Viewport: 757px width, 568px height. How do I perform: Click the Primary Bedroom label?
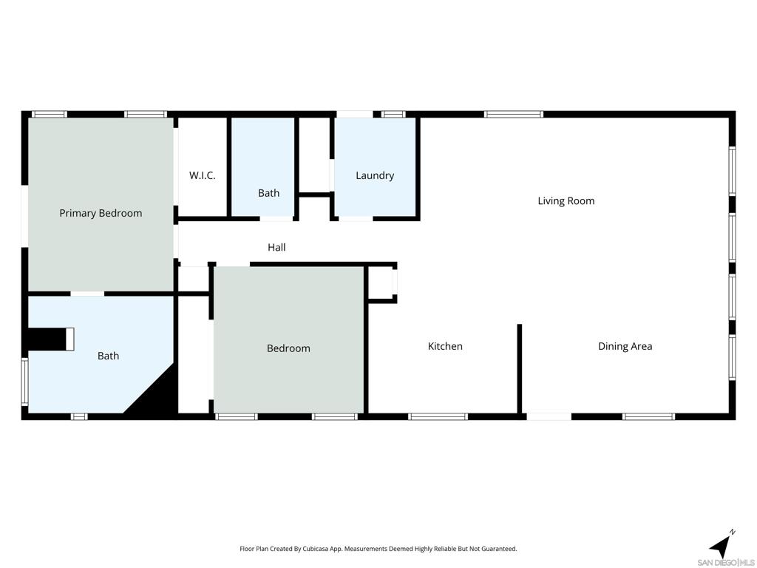[x=101, y=213]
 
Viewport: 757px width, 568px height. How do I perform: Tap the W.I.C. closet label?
[x=202, y=175]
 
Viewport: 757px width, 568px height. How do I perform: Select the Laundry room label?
[x=375, y=175]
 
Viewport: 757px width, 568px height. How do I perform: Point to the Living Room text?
[x=566, y=200]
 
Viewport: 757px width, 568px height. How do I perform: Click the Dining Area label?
[x=625, y=346]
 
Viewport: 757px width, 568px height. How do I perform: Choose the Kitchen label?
[x=445, y=346]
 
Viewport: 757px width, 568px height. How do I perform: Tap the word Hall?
[x=276, y=247]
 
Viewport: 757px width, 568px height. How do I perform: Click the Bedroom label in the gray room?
[x=288, y=348]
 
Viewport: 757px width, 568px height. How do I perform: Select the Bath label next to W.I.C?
[x=268, y=193]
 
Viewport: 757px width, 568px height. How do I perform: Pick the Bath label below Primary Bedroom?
[x=108, y=356]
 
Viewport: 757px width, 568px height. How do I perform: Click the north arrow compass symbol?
[x=721, y=546]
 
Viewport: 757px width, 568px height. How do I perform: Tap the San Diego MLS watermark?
[x=726, y=562]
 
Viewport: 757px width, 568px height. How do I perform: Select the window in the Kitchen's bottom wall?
[x=438, y=416]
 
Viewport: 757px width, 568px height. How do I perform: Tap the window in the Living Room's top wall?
[x=514, y=114]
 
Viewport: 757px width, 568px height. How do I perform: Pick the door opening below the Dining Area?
[x=549, y=416]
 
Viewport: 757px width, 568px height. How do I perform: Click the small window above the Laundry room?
[x=393, y=114]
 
